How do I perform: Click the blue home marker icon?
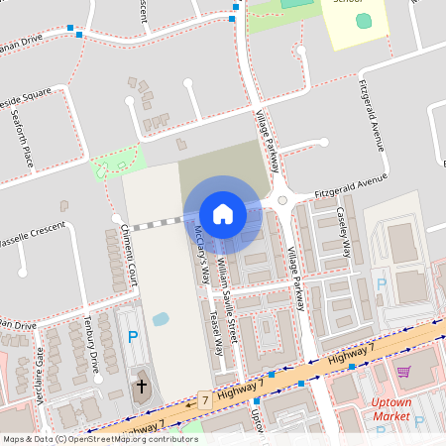pos(223,213)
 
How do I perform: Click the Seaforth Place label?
pos(21,140)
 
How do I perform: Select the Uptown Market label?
pos(390,409)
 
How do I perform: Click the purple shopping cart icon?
pos(403,372)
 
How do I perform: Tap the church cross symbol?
pos(141,386)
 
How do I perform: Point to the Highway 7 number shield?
pos(205,400)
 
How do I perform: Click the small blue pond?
pos(160,320)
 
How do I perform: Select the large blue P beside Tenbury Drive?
pos(133,338)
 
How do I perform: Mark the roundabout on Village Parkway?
pos(282,200)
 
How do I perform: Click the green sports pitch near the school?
pos(364,21)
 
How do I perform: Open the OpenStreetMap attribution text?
pos(99,438)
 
